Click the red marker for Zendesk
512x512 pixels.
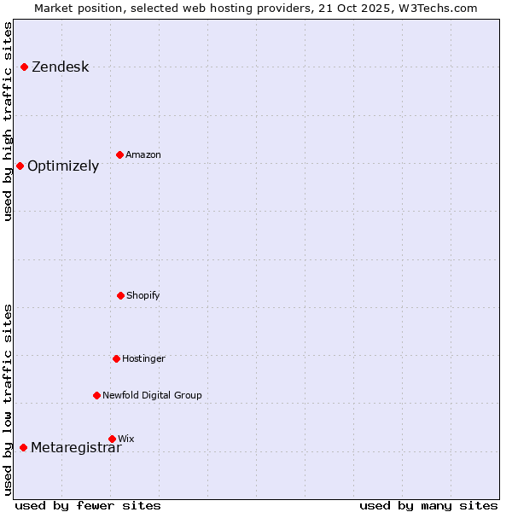[x=25, y=67]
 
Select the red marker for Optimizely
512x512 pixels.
[x=20, y=166]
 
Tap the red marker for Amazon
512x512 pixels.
[x=119, y=154]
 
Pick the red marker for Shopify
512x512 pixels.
[x=120, y=295]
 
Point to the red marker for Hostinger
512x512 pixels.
[x=116, y=358]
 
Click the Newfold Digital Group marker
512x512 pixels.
[x=96, y=395]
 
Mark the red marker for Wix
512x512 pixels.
[x=112, y=439]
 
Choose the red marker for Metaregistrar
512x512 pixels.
[x=24, y=447]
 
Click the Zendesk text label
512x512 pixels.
[x=60, y=67]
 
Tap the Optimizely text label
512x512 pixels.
[x=63, y=166]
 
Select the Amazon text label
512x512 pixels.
[x=143, y=154]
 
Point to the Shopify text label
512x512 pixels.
[x=143, y=295]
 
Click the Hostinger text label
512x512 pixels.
[x=143, y=358]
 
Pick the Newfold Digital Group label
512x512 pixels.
[x=152, y=395]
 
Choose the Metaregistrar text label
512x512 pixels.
[x=76, y=448]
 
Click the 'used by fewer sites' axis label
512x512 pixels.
[x=88, y=505]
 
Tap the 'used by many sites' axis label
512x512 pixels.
[x=428, y=505]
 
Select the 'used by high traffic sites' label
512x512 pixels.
[x=9, y=121]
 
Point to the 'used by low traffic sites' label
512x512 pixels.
[x=9, y=399]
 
